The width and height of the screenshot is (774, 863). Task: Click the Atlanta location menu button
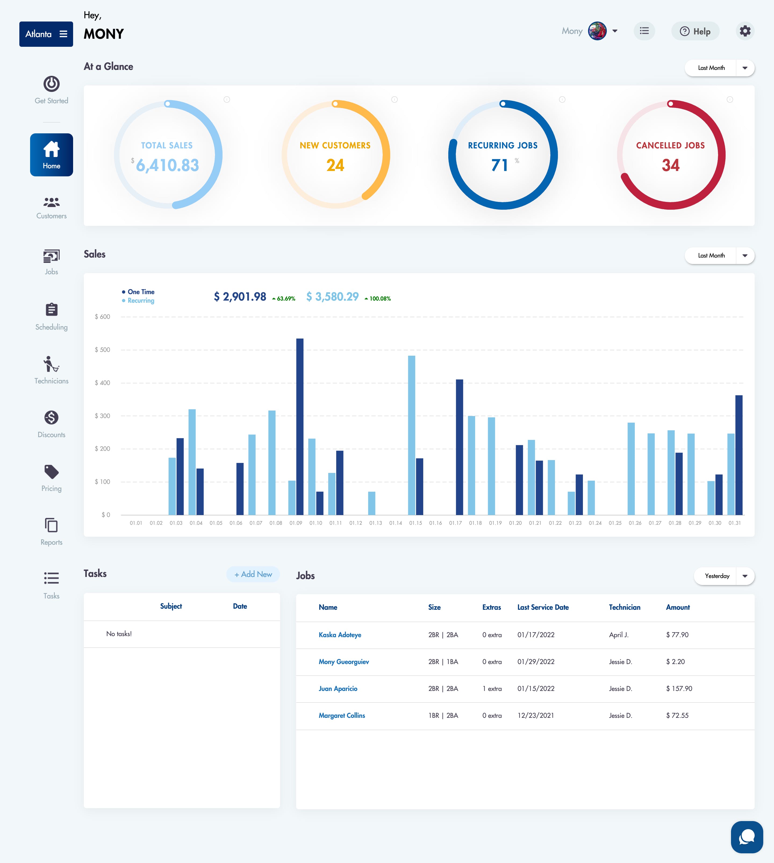point(46,34)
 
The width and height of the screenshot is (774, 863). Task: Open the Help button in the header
point(695,31)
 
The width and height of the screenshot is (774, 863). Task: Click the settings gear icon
point(745,31)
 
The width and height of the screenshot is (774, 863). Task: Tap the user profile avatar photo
point(597,31)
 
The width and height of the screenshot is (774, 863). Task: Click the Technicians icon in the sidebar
point(51,364)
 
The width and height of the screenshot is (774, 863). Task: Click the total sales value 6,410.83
point(167,165)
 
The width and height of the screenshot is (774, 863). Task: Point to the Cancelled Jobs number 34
point(671,165)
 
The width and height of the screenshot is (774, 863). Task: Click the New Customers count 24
point(335,165)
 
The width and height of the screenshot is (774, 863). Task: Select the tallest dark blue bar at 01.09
point(300,427)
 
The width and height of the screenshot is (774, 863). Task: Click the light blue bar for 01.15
point(412,435)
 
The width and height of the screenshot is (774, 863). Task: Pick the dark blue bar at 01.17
point(459,447)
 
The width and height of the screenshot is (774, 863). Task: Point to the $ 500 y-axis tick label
point(102,350)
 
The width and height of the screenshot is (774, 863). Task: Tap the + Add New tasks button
point(253,574)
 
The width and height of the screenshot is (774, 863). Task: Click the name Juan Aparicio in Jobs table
point(338,689)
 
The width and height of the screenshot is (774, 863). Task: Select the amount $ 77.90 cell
point(677,634)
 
